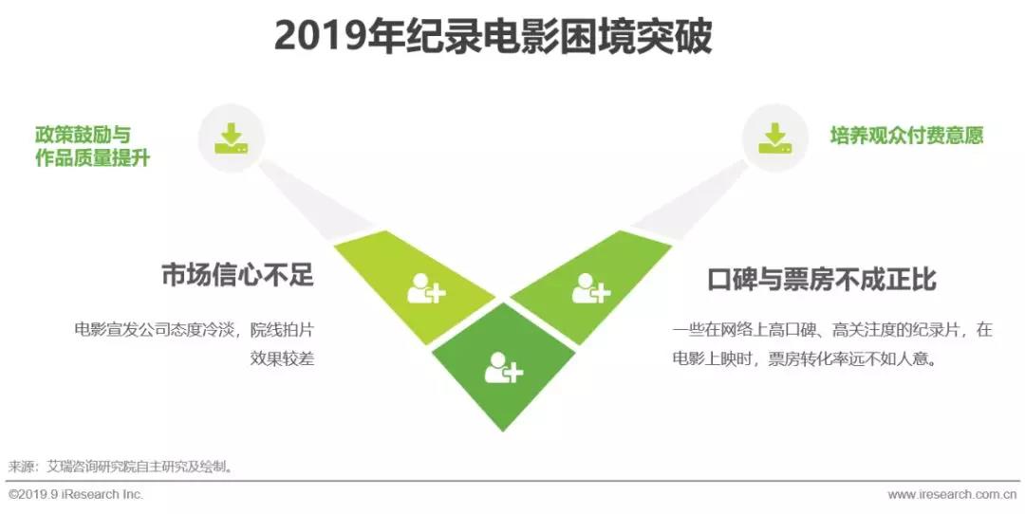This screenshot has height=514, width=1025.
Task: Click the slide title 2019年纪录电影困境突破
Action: [x=493, y=37]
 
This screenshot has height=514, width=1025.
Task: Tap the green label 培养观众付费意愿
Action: [x=906, y=136]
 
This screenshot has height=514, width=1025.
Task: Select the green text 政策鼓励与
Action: [x=83, y=135]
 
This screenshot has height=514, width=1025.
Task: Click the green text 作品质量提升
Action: [x=93, y=158]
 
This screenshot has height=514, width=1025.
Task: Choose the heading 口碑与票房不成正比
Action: [x=822, y=279]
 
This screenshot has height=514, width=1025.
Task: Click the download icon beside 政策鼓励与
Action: [x=232, y=139]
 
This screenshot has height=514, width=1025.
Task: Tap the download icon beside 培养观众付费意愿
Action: [x=774, y=138]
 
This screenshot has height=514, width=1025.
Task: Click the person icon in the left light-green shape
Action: [x=426, y=288]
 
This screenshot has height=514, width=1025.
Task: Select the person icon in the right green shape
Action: [x=591, y=288]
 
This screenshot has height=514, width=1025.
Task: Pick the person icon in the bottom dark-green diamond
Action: [x=504, y=367]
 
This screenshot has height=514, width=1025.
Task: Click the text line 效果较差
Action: [x=283, y=358]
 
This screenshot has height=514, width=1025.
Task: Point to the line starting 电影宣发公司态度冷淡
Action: [x=195, y=329]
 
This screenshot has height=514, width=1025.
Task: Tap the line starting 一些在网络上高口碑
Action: [x=833, y=329]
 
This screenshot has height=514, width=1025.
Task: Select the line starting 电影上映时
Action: [x=804, y=358]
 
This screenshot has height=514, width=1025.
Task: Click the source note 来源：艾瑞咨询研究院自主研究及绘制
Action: [x=121, y=467]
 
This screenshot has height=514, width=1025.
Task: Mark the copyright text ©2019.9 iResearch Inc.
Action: [x=76, y=494]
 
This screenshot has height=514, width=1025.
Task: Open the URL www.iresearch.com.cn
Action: [x=953, y=494]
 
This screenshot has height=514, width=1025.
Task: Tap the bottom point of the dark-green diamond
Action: [x=503, y=431]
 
